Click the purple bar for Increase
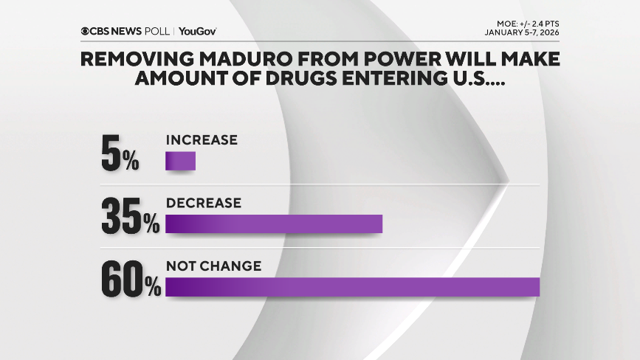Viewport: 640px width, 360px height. tap(180, 161)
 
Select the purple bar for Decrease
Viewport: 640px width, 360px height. tap(274, 224)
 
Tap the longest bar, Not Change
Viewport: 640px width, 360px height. tap(352, 287)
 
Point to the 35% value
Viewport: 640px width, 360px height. tap(130, 216)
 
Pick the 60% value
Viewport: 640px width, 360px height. tap(131, 280)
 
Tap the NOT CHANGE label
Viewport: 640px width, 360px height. tap(213, 266)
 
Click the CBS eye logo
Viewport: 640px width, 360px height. tap(86, 31)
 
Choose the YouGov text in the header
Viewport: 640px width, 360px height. tap(197, 31)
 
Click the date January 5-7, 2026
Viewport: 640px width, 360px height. tap(521, 32)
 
